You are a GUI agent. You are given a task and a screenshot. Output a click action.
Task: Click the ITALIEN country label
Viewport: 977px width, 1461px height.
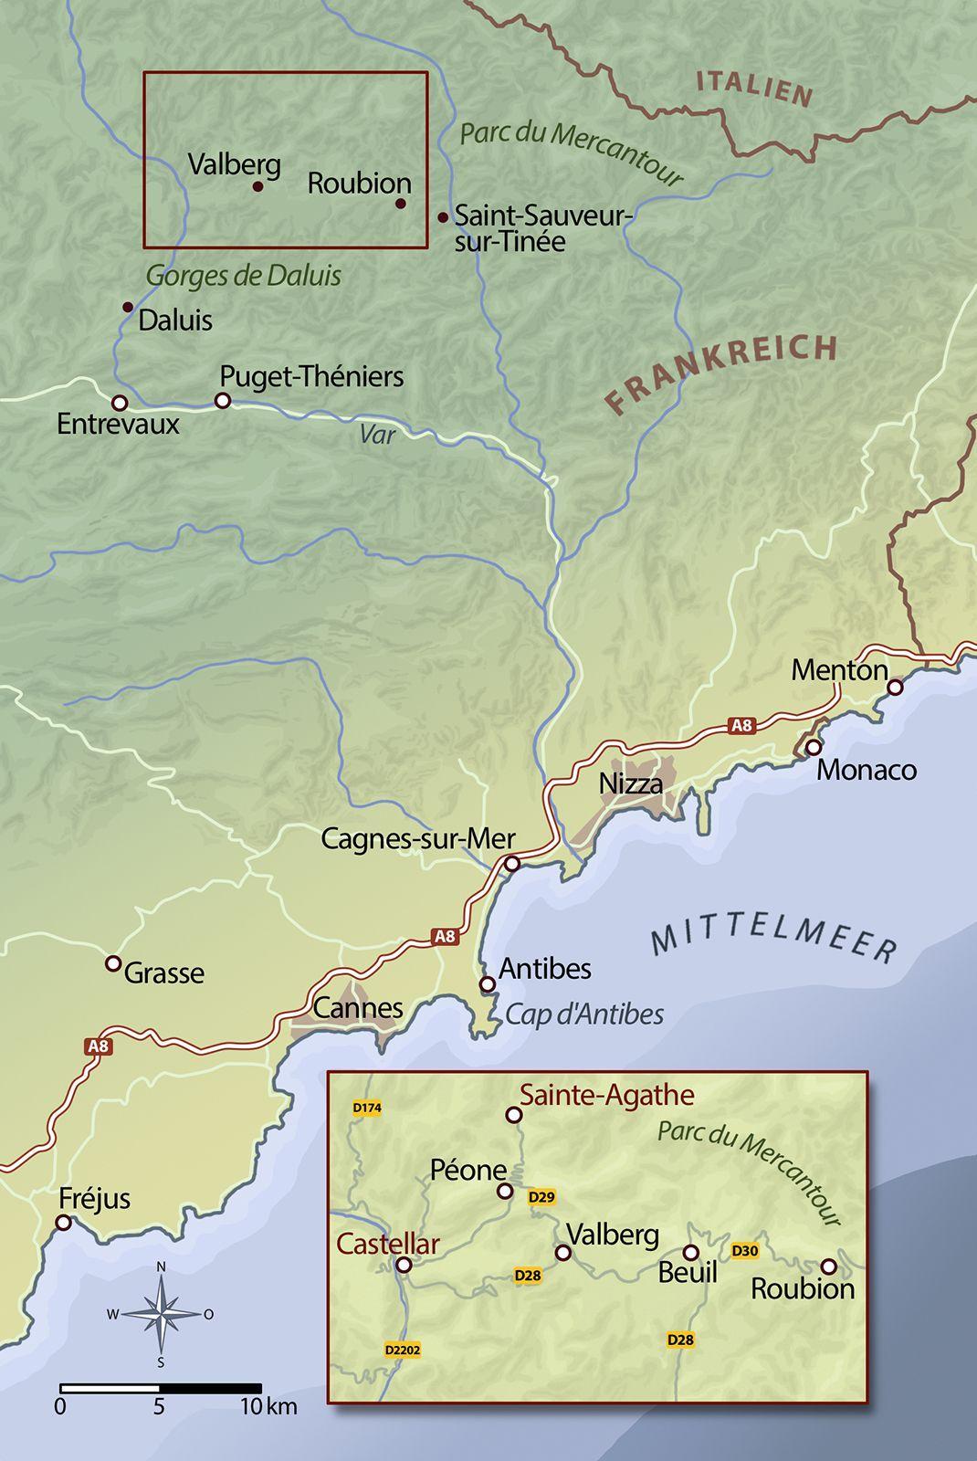pyautogui.click(x=754, y=89)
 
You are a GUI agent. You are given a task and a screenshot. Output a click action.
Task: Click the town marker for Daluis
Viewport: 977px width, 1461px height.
pyautogui.click(x=128, y=307)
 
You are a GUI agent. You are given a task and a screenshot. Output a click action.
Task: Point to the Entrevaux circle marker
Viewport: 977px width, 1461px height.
pyautogui.click(x=119, y=403)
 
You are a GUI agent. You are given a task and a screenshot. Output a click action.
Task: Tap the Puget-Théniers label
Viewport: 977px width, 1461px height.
pyautogui.click(x=311, y=376)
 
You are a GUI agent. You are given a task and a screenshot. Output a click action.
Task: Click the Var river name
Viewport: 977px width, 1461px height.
pyautogui.click(x=377, y=434)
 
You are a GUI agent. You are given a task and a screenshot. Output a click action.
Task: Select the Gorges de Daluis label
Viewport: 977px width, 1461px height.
pyautogui.click(x=243, y=275)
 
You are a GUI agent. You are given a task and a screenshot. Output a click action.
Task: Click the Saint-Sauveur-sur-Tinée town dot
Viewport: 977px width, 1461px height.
pyautogui.click(x=443, y=217)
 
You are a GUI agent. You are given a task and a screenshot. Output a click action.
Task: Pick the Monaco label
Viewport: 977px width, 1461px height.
pyautogui.click(x=866, y=770)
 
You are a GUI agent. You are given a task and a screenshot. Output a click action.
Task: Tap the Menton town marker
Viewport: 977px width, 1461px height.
pyautogui.click(x=895, y=687)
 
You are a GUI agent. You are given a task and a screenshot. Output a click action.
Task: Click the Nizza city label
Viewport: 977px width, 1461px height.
pyautogui.click(x=630, y=783)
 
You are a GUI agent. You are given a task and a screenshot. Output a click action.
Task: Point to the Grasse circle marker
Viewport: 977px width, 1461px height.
pyautogui.click(x=113, y=963)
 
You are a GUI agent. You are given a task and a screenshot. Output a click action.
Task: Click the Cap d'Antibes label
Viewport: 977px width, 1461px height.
pyautogui.click(x=584, y=1014)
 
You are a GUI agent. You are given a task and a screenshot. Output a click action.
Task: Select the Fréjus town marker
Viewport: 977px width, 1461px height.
pyautogui.click(x=64, y=1222)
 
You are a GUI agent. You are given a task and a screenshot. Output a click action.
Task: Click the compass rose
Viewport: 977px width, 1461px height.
pyautogui.click(x=161, y=1315)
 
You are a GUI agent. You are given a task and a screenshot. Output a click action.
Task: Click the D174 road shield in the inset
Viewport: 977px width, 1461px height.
pyautogui.click(x=366, y=1109)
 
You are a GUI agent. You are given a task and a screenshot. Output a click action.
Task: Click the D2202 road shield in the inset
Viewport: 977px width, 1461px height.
pyautogui.click(x=403, y=1350)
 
